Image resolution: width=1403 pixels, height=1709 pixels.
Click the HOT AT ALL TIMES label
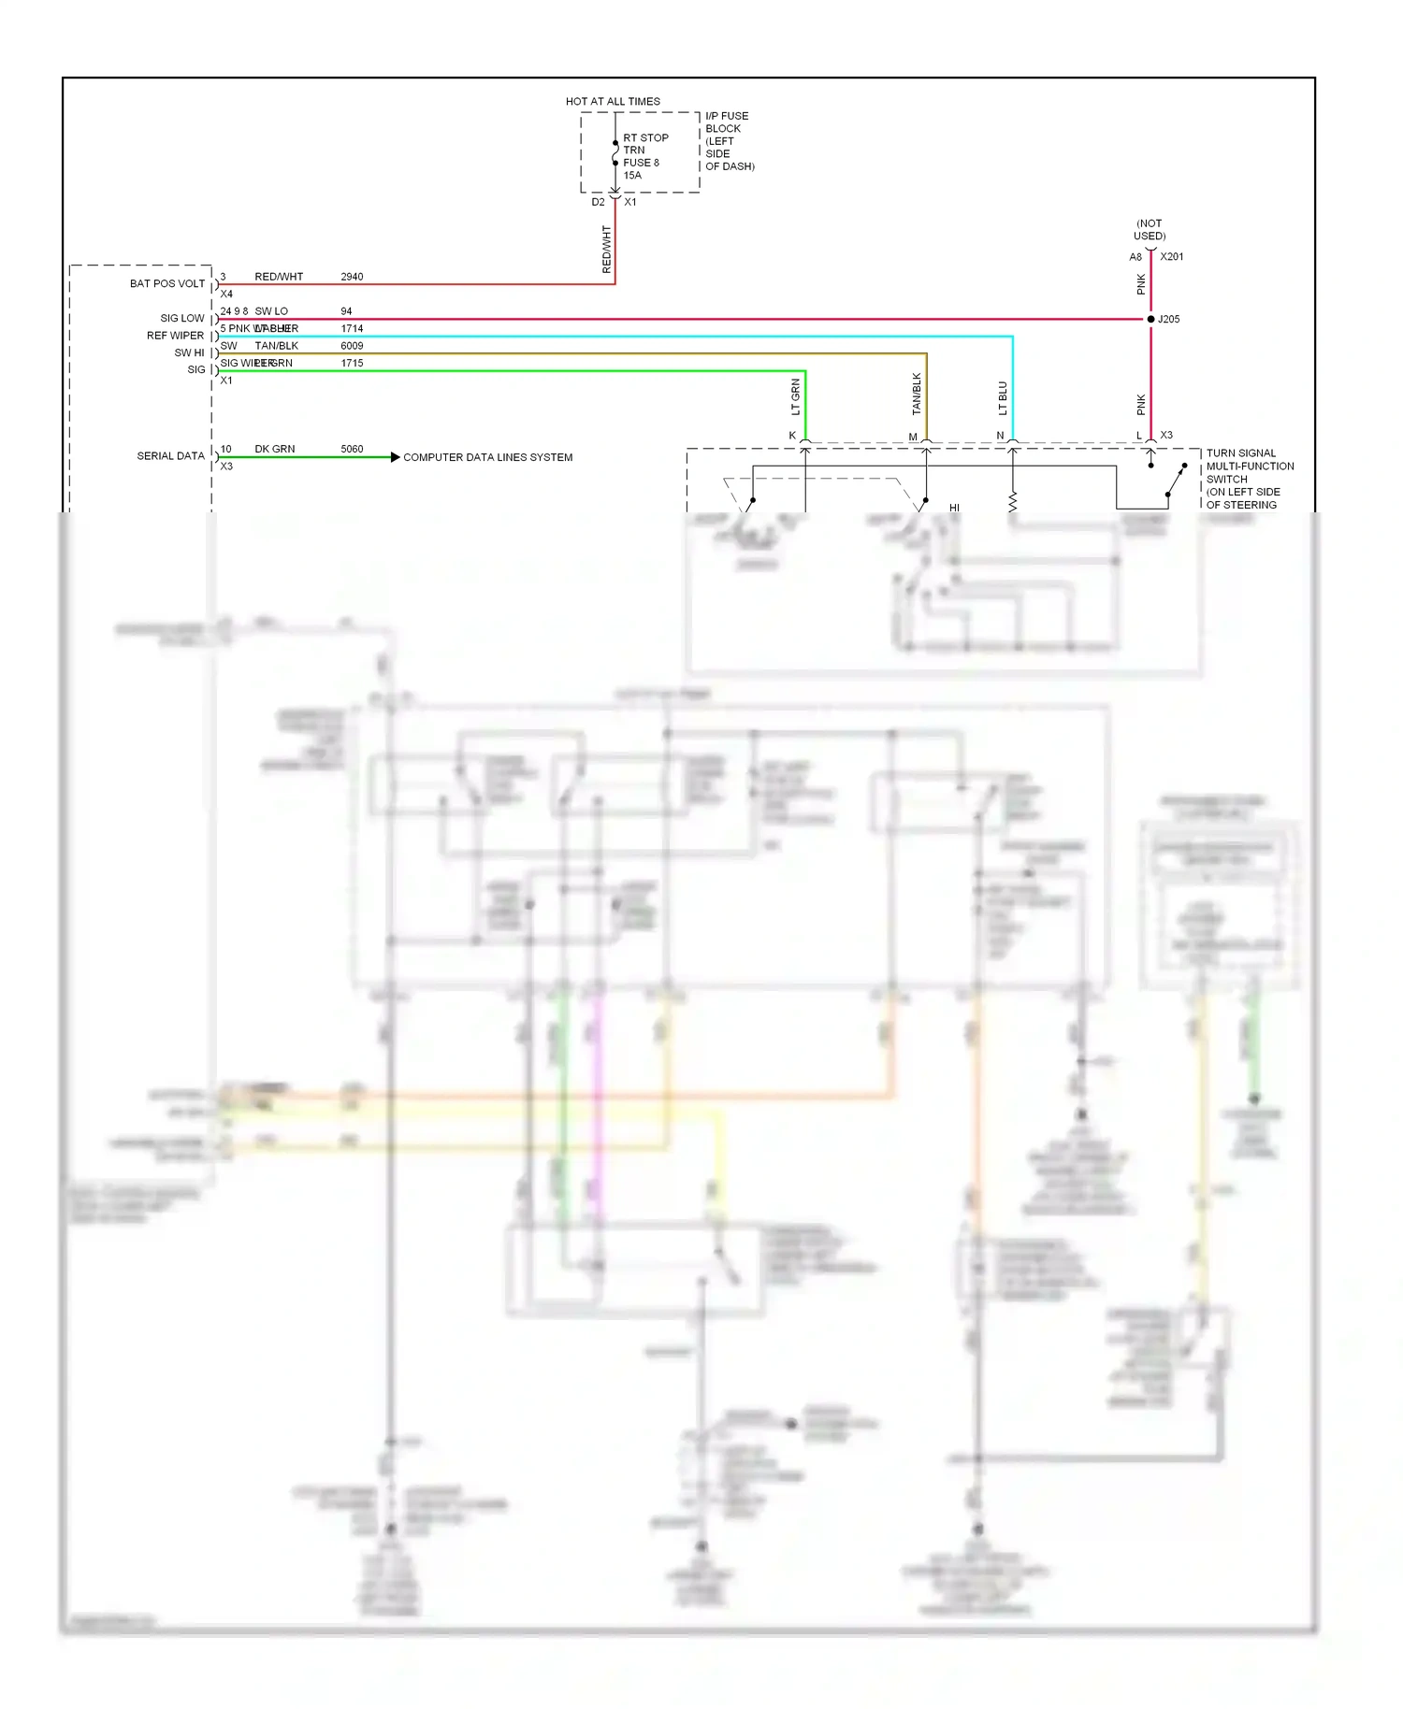pos(613,101)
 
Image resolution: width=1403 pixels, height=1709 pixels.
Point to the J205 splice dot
pos(1150,319)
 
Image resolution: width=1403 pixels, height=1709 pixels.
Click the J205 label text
pos(1168,319)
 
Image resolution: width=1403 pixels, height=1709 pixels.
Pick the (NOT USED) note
pos(1150,230)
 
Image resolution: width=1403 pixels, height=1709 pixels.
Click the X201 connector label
pos(1172,256)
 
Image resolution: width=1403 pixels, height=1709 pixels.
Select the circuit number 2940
pos(352,277)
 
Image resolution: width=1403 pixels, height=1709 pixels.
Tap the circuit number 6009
pos(352,346)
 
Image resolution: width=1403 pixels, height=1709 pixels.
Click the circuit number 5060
pos(352,449)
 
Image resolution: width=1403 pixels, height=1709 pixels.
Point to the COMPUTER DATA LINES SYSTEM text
pos(487,457)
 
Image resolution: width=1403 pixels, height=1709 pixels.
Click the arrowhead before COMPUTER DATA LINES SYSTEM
pos(395,457)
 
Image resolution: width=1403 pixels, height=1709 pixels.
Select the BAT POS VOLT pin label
pos(166,283)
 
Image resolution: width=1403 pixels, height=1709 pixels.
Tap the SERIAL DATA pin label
pos(170,456)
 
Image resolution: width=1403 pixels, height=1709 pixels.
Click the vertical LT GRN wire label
pos(796,396)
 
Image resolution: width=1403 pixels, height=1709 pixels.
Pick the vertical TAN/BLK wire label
pos(917,394)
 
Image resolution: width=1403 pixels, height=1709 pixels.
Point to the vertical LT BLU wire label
pos(1003,398)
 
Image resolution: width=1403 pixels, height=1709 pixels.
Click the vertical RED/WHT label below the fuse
pos(606,249)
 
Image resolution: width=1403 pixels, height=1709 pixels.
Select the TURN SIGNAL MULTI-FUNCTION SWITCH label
pos(1249,479)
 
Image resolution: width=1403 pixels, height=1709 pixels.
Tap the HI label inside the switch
pos(954,508)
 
